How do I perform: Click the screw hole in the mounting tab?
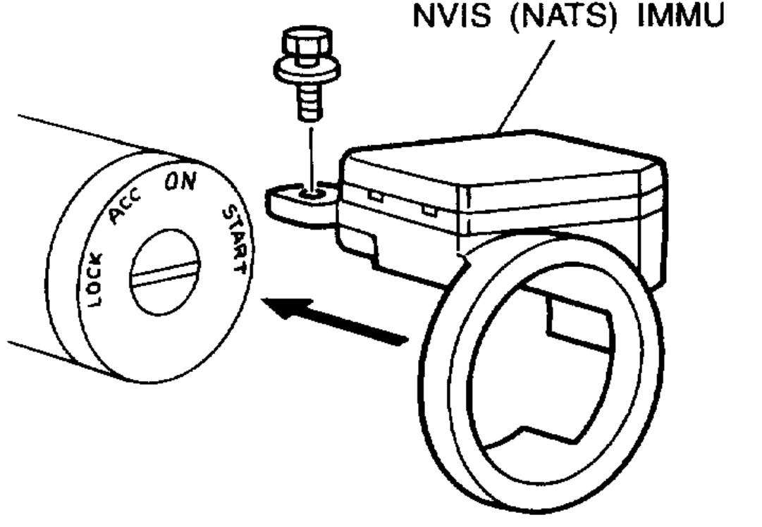308,192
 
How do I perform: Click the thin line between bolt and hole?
308,151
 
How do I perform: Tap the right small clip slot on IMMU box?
426,209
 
